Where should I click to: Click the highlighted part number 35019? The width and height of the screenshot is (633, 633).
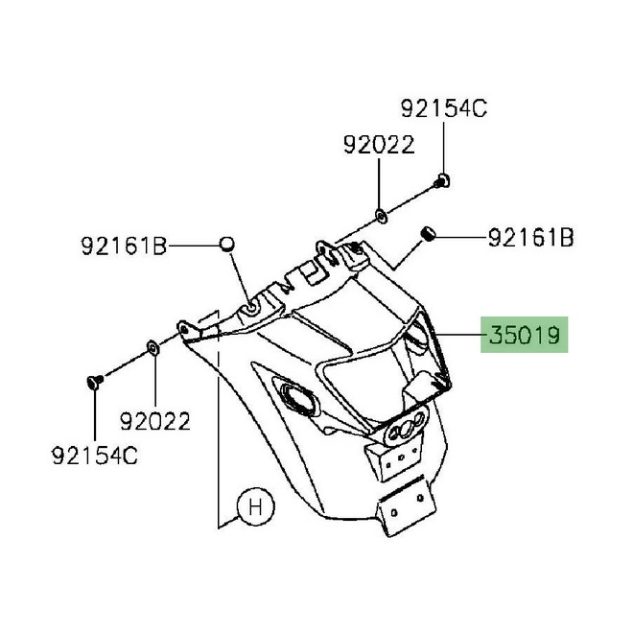coord(525,335)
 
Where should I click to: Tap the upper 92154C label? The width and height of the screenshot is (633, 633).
coord(444,108)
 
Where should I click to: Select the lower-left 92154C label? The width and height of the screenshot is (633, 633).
coord(95,456)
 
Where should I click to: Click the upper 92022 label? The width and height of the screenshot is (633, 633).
coord(379,145)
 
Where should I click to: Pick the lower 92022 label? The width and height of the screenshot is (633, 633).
coord(155,421)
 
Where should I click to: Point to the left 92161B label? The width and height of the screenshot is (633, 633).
coord(124,246)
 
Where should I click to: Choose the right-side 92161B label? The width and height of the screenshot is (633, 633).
coord(531,238)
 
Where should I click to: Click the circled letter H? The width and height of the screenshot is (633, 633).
coord(256,506)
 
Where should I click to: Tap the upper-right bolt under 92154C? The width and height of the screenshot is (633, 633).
coord(442,181)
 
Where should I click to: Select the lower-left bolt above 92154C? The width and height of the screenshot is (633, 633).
coord(94,381)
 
